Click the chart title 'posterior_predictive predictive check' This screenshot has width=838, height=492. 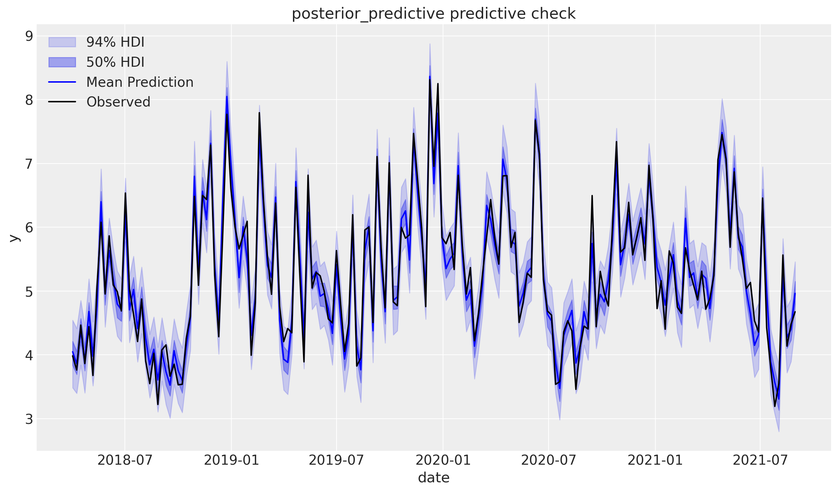click(433, 14)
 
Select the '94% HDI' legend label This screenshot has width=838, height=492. click(115, 42)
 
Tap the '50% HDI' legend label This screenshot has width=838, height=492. click(115, 62)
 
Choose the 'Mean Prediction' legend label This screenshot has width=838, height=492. click(140, 82)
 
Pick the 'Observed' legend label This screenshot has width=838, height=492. click(118, 102)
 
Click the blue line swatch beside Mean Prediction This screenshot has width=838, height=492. click(62, 82)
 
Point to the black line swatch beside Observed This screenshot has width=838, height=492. click(62, 102)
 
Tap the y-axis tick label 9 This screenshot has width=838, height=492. click(29, 36)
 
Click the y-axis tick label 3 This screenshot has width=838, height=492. click(29, 419)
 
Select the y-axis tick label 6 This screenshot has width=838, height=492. click(29, 228)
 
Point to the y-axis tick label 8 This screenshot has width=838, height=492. click(29, 100)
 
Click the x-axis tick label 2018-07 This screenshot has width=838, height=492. click(125, 460)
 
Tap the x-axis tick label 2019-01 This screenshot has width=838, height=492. click(231, 460)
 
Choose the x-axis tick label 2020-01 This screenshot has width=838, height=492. click(443, 460)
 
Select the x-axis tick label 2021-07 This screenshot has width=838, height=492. click(760, 460)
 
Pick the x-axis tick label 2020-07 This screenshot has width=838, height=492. click(549, 460)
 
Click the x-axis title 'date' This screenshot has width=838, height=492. click(433, 478)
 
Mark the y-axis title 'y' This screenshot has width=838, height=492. click(14, 238)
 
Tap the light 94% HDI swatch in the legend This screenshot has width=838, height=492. click(62, 42)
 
